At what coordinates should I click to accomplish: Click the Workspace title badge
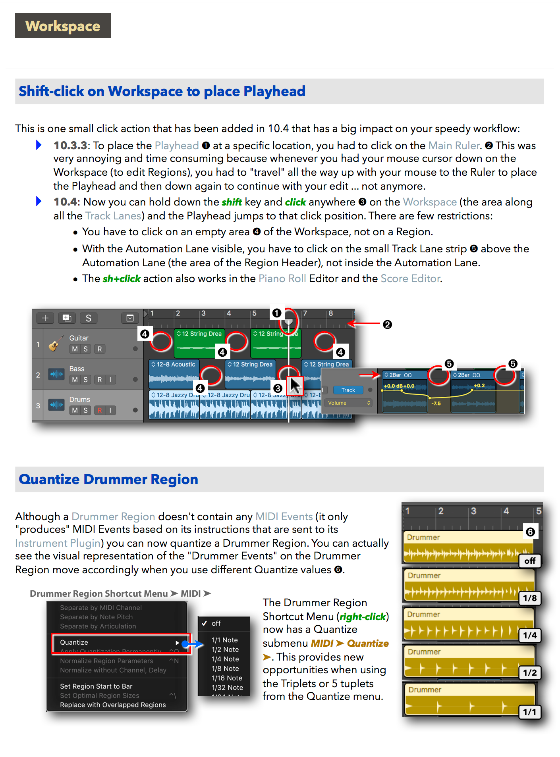pos(63,26)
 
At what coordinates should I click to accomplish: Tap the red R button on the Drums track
pos(99,410)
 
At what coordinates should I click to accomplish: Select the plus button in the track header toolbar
pos(45,318)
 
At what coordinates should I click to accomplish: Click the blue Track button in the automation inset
pos(348,390)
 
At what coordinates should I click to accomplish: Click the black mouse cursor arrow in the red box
pos(295,386)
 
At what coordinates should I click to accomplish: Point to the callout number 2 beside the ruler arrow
pos(387,325)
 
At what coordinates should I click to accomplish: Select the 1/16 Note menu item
pos(227,678)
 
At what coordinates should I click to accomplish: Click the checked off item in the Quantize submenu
pos(216,623)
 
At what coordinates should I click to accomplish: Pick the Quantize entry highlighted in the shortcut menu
pos(74,642)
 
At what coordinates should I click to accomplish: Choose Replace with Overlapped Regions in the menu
pos(113,705)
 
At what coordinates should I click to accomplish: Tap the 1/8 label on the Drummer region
pos(530,598)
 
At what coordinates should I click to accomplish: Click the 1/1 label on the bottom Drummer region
pos(530,712)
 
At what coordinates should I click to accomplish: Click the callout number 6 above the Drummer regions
pos(530,532)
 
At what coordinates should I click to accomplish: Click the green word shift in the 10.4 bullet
pos(232,202)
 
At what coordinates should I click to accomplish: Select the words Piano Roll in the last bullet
pos(282,279)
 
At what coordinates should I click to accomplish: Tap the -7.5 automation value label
pos(436,403)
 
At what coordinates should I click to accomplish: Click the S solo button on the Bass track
pos(85,380)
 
